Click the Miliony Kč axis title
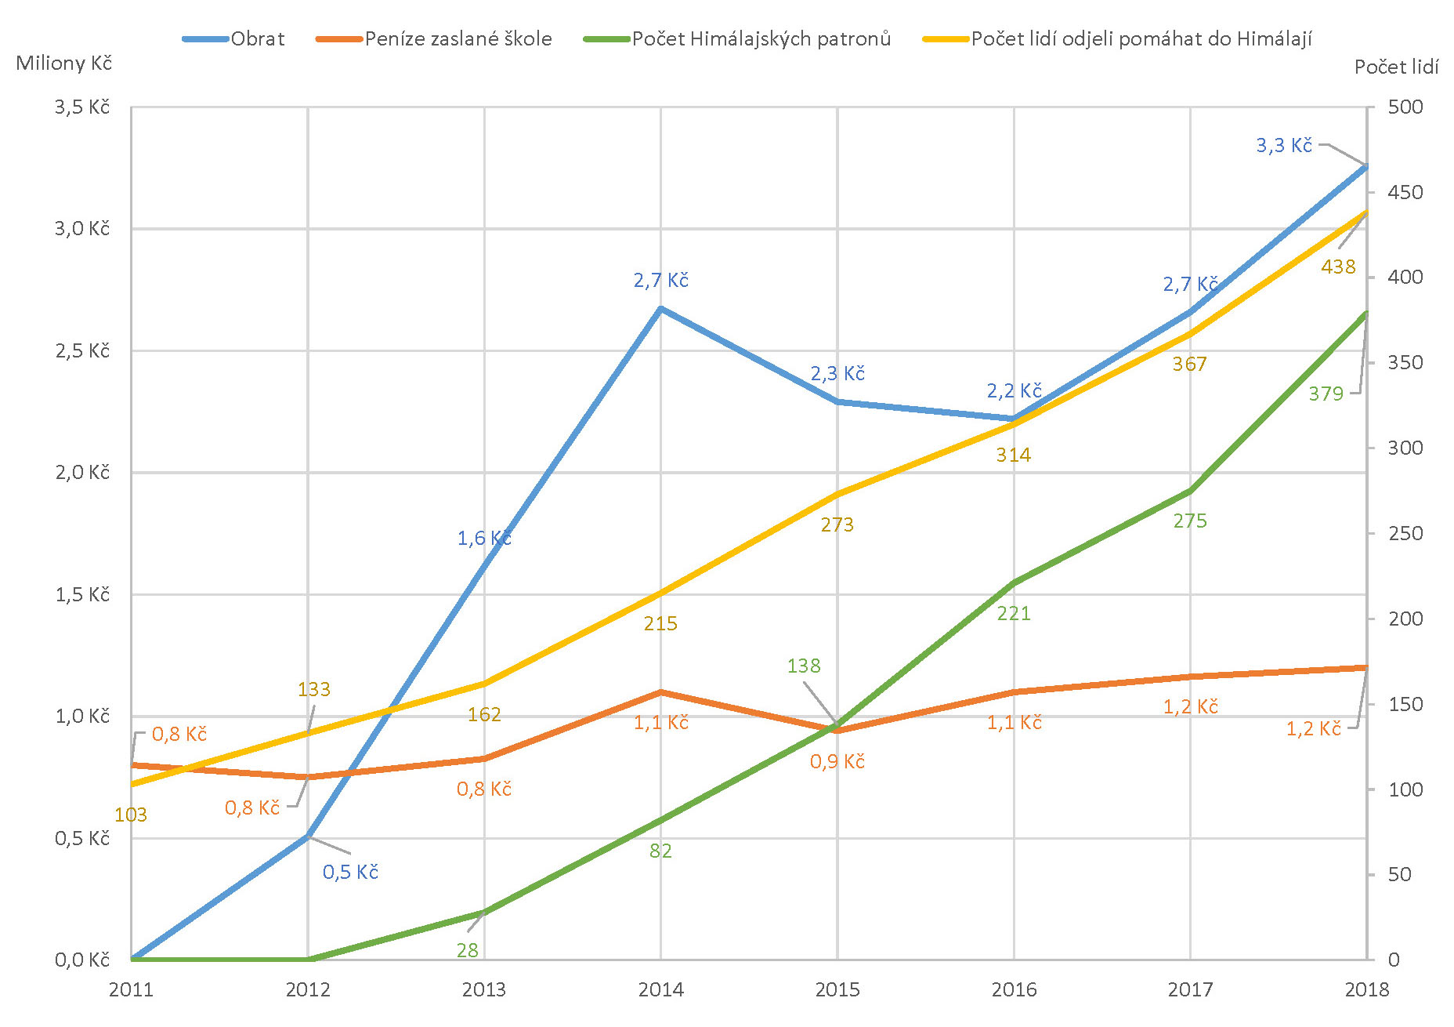point(64,64)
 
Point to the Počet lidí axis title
point(1396,67)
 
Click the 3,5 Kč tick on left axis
point(82,107)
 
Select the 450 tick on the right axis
point(1405,192)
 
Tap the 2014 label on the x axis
point(660,989)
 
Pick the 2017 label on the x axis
point(1190,989)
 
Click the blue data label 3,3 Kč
point(1283,145)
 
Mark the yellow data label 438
point(1338,267)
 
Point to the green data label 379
point(1326,394)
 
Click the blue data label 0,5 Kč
point(350,872)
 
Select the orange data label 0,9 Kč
point(837,761)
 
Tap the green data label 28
point(467,950)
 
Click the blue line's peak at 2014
point(661,308)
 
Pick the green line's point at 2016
point(1015,582)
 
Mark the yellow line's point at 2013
point(484,684)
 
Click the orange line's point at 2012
point(308,777)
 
